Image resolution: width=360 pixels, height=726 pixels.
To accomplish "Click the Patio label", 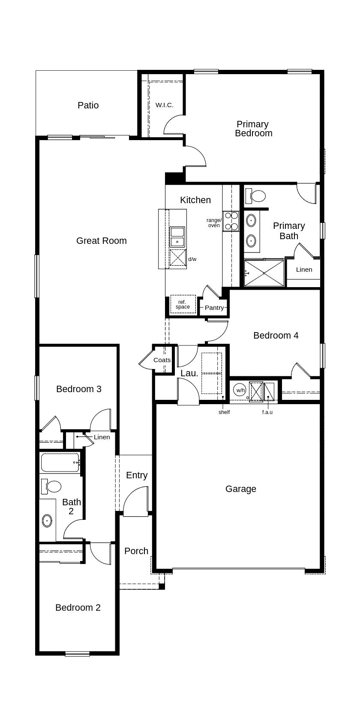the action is [x=88, y=105].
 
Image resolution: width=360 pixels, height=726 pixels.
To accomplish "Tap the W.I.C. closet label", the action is [x=165, y=105].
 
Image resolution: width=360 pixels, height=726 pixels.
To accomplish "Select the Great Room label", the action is [x=102, y=241].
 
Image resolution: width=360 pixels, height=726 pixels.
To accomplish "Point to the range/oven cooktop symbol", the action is [x=231, y=221].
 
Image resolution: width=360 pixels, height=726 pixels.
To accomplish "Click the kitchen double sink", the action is [x=177, y=237].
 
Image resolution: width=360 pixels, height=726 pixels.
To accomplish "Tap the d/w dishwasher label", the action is [x=192, y=259].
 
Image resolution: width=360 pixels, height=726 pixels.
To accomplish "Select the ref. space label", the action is [x=183, y=304].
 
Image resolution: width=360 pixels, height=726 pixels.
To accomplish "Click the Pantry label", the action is [x=214, y=308].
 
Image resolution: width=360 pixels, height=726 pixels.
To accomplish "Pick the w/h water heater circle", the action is [x=240, y=390].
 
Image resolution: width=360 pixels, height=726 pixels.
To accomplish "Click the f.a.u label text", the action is [x=267, y=412].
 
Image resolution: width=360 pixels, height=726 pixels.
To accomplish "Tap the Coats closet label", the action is [x=162, y=360].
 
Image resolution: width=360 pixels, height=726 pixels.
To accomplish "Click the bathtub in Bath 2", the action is [x=60, y=462].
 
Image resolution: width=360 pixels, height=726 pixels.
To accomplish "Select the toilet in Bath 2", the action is [x=51, y=486].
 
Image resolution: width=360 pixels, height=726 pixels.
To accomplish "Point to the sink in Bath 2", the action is [x=47, y=521].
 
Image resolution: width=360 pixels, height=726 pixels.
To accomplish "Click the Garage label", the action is [x=241, y=489].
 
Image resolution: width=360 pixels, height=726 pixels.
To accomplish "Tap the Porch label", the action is [x=136, y=551].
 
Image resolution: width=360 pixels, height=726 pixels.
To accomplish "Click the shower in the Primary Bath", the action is [x=264, y=273].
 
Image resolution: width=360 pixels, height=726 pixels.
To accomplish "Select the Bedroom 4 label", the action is [x=276, y=336].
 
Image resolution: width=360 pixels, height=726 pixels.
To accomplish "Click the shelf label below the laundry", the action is [x=224, y=412].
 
